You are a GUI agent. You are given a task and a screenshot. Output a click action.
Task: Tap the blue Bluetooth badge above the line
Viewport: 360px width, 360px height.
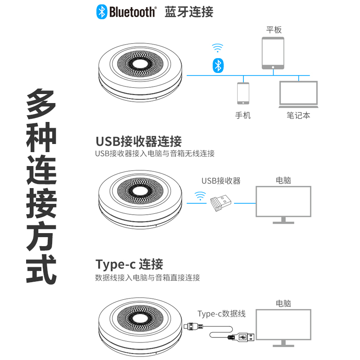(218, 65)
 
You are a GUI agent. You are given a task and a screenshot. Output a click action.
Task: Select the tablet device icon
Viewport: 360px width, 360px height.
(273, 54)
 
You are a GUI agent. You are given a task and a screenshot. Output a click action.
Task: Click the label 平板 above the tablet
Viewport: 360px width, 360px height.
(274, 30)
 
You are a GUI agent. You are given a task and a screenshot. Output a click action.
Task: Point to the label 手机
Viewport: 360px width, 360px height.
(243, 116)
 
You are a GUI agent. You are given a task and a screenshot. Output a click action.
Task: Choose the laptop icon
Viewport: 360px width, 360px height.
(298, 94)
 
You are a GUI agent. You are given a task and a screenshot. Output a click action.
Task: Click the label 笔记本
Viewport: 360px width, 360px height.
(298, 116)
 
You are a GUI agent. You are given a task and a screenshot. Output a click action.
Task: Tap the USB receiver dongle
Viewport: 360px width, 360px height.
(221, 202)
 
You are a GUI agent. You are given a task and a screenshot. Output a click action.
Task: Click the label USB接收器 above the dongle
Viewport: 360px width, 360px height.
(221, 181)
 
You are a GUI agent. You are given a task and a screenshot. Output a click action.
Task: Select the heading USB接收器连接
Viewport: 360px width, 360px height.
(139, 141)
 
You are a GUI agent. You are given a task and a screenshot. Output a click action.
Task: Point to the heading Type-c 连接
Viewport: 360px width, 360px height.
(129, 264)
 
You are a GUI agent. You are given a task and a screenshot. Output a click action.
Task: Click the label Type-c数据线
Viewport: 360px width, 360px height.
(221, 314)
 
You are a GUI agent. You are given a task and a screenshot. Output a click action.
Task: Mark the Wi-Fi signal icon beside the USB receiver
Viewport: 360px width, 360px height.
(200, 196)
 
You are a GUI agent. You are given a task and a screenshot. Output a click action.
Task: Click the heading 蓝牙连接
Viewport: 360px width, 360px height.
(189, 12)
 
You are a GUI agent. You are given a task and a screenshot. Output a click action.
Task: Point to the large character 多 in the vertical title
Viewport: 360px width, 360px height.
(41, 104)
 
